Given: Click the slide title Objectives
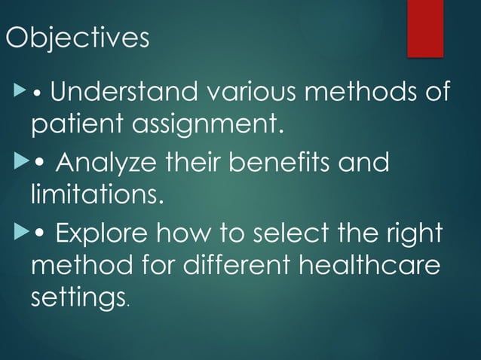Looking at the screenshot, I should click(x=78, y=38).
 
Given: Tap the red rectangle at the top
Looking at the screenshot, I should click(x=425, y=28).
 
